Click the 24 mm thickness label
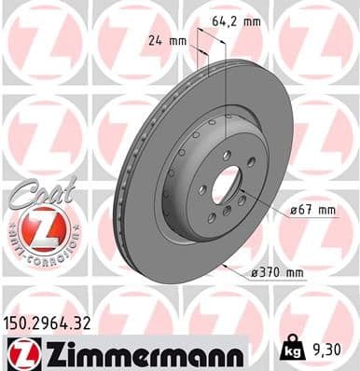click(x=167, y=39)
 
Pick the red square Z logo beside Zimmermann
click(x=19, y=353)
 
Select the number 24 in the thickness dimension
click(x=155, y=39)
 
